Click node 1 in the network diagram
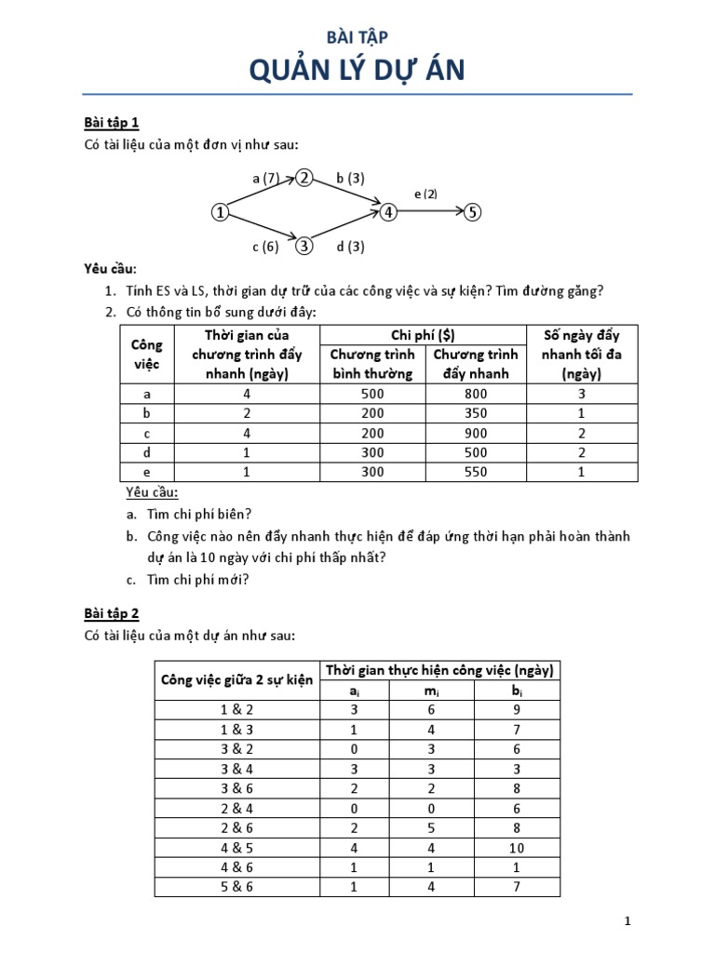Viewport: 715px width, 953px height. (x=220, y=212)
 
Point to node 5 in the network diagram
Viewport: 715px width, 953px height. (x=473, y=212)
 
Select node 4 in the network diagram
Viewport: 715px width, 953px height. (x=388, y=212)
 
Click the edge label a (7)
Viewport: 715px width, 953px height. (x=265, y=178)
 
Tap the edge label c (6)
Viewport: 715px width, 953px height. (x=265, y=247)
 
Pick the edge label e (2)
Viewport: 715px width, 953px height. (x=425, y=194)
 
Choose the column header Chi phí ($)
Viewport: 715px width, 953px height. (x=425, y=335)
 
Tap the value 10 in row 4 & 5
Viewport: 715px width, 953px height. (x=517, y=848)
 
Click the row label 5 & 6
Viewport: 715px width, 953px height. (x=236, y=887)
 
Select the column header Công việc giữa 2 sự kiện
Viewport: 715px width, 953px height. (x=236, y=680)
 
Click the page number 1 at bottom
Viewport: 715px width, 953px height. (x=628, y=921)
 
